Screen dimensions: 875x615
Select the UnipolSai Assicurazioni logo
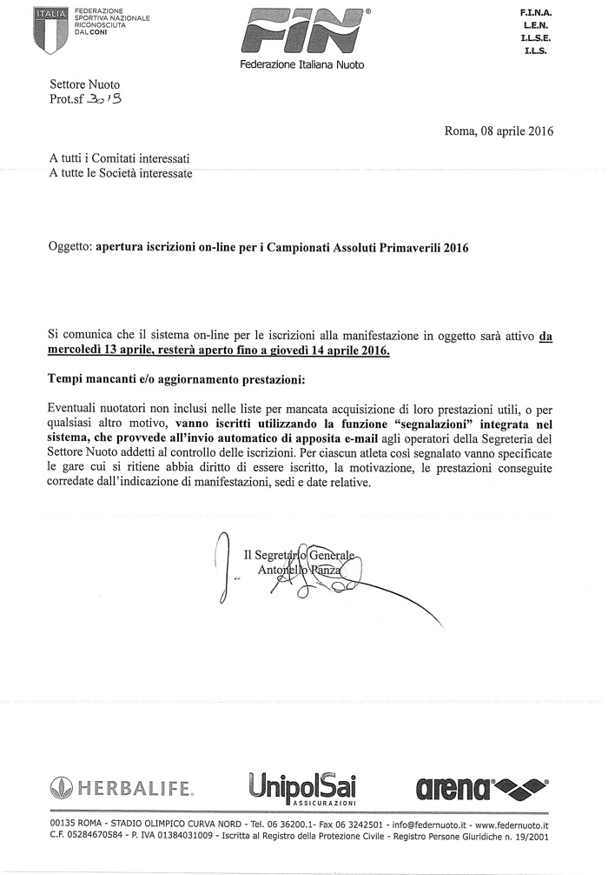pyautogui.click(x=301, y=789)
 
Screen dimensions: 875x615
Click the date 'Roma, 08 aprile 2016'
pyautogui.click(x=499, y=132)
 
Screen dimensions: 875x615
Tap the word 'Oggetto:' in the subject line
pyautogui.click(x=69, y=247)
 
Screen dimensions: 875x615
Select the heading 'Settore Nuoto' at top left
pyautogui.click(x=84, y=85)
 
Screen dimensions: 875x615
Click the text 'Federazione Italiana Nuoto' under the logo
pyautogui.click(x=301, y=65)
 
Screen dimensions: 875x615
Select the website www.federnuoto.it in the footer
pyautogui.click(x=512, y=824)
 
